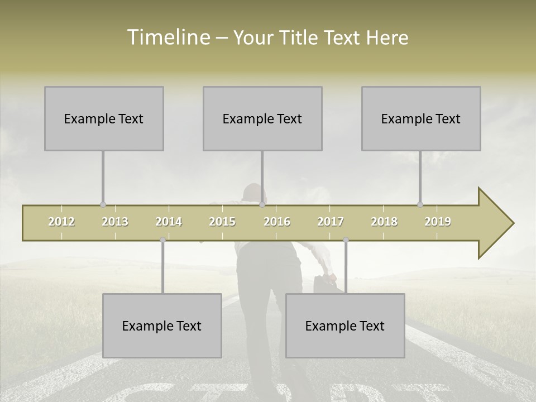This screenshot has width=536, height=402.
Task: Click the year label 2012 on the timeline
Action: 61,222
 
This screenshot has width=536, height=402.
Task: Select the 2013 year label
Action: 115,222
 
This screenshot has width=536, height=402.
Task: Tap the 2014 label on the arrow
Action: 169,222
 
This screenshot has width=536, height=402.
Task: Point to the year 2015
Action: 222,222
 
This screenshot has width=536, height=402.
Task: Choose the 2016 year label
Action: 277,222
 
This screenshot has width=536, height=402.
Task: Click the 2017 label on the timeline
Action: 331,222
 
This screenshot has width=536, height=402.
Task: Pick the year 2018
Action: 384,222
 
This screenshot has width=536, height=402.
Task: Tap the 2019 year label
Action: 438,222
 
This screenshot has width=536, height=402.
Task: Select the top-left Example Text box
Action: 104,118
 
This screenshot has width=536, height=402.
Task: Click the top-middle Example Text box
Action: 262,118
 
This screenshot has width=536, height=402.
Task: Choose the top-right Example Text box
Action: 421,118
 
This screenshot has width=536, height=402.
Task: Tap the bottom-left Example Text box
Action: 162,326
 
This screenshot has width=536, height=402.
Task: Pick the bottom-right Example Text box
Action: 345,326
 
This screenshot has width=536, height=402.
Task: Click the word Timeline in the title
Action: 167,37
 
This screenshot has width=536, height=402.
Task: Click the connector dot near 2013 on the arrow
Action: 103,205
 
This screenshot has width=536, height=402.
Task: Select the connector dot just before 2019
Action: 420,205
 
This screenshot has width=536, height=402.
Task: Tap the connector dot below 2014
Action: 162,240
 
